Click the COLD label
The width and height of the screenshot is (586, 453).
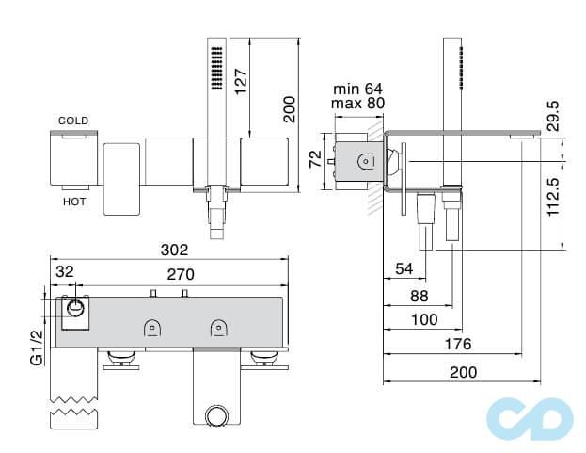click(73, 121)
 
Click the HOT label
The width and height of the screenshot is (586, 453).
click(74, 202)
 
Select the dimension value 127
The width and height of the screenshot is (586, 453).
click(268, 87)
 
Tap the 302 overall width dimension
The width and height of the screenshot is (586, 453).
click(174, 251)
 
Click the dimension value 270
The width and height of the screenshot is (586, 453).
click(181, 275)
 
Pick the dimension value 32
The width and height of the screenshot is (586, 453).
click(65, 271)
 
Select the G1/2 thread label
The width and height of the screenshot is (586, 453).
click(37, 348)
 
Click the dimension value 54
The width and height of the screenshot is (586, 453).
click(404, 269)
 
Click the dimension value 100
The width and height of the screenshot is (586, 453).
click(425, 321)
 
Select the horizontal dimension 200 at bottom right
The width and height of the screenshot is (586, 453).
click(462, 372)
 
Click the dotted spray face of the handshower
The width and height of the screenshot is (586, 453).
click(215, 67)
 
